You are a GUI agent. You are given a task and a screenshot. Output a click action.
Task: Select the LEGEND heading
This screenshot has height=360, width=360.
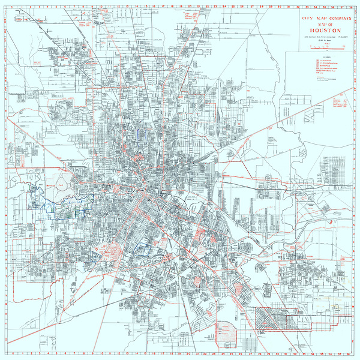coord(319,58)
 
